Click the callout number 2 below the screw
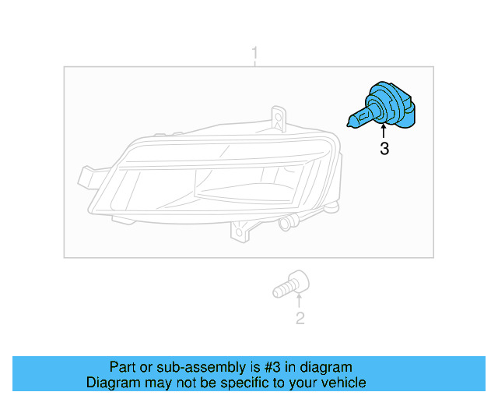click(x=300, y=318)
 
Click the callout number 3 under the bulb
click(x=384, y=149)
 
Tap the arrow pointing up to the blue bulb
click(x=384, y=132)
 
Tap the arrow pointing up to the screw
click(x=299, y=301)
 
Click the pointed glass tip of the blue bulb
click(x=349, y=120)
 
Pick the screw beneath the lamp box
click(x=292, y=284)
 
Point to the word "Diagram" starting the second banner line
click(x=110, y=383)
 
